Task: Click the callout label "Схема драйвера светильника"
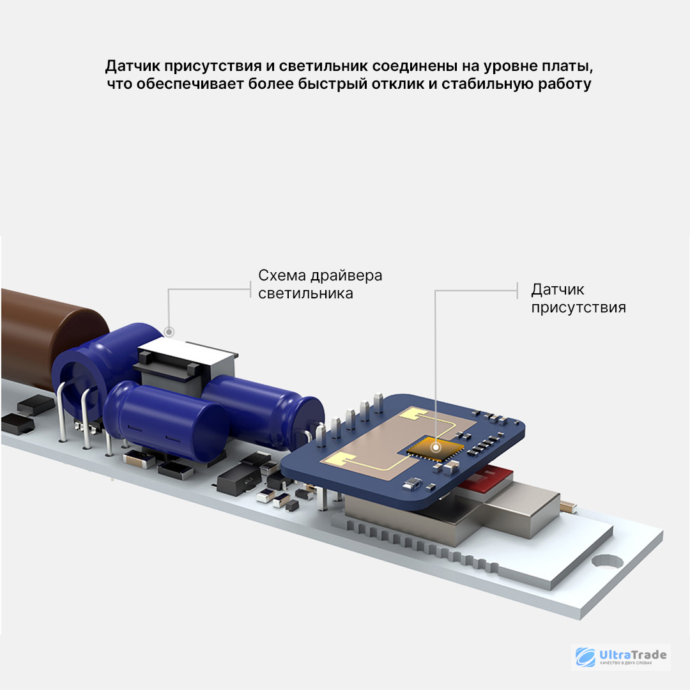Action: coord(320,284)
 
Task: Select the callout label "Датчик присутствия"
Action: coord(578,298)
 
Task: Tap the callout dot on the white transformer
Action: coord(169,332)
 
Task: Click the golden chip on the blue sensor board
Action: coord(434,448)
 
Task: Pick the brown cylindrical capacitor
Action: coord(49,339)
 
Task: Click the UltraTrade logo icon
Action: coord(585,657)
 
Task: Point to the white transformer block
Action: coord(187,366)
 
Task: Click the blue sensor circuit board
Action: coord(402,451)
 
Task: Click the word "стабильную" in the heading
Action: coord(487,84)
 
